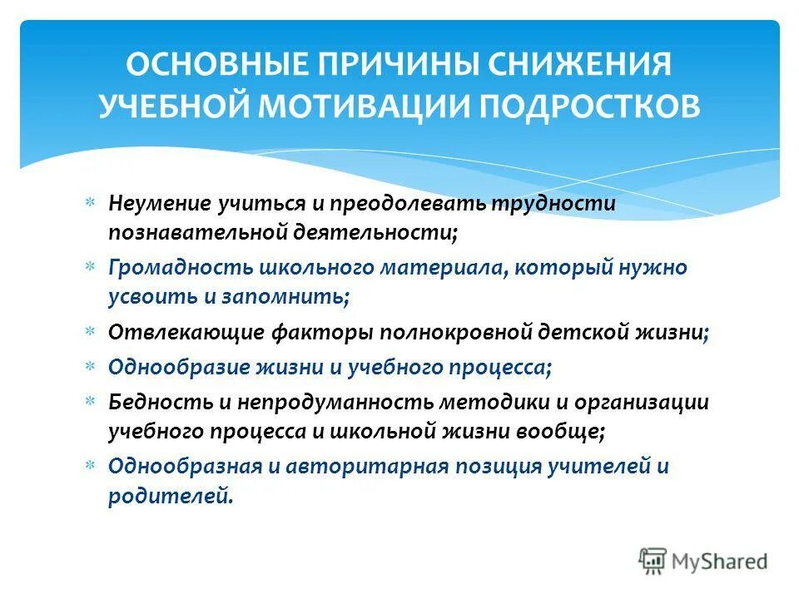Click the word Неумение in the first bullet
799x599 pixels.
click(x=158, y=204)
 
